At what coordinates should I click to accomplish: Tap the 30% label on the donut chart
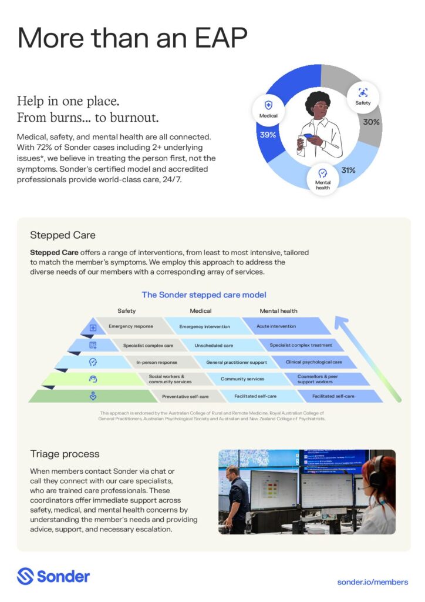[371, 122]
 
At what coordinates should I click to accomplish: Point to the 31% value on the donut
[349, 170]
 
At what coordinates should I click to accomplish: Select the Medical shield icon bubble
[268, 109]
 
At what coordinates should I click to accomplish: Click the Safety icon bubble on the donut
[363, 96]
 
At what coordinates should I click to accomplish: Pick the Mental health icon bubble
[322, 178]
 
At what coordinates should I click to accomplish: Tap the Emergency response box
[130, 326]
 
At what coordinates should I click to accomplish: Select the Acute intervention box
[276, 326]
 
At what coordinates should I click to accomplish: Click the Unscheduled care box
[214, 345]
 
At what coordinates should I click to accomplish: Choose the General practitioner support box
[229, 362]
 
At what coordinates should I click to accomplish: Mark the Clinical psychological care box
[313, 362]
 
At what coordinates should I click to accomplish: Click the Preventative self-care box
[185, 396]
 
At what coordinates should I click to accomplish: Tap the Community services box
[242, 379]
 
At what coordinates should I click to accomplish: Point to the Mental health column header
[278, 311]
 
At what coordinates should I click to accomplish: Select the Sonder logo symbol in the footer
[25, 576]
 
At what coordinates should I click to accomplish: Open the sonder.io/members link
[372, 582]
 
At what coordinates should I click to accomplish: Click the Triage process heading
[65, 454]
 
